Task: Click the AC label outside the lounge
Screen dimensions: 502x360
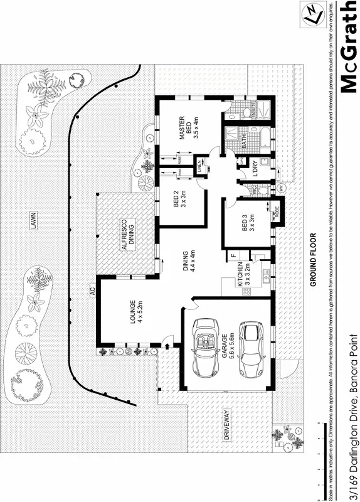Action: (92, 291)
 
